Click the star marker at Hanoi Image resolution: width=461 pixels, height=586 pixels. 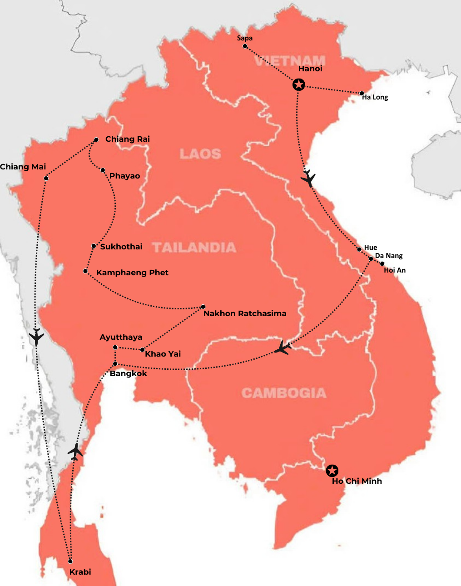[x=298, y=84]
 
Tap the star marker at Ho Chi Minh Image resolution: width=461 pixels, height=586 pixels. [x=332, y=471]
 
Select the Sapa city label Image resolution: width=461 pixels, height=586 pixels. [x=245, y=38]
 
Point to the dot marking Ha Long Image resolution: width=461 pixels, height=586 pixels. [x=362, y=93]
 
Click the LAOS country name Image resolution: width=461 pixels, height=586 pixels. [x=200, y=154]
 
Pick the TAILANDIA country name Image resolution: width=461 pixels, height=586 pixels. [x=194, y=248]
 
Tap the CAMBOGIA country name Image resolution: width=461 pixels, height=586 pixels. [x=284, y=393]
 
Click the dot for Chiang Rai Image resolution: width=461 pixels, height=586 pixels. [x=96, y=140]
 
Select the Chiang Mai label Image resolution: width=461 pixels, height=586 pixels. [x=23, y=167]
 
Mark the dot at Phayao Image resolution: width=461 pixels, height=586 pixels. [x=103, y=170]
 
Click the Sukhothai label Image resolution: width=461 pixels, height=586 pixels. [x=121, y=247]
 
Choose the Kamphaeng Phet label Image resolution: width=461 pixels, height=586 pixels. [x=132, y=273]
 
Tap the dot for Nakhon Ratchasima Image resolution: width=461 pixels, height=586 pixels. [x=203, y=307]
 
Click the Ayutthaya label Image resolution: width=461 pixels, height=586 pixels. [x=121, y=337]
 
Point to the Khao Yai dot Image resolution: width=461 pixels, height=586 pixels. [x=143, y=350]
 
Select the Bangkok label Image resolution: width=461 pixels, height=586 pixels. [x=129, y=373]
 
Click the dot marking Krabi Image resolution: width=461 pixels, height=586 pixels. [x=70, y=561]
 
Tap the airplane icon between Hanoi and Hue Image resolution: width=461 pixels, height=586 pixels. [x=308, y=178]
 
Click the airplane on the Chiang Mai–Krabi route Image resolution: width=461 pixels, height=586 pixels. [x=36, y=337]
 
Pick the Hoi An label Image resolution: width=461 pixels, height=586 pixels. [x=395, y=270]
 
